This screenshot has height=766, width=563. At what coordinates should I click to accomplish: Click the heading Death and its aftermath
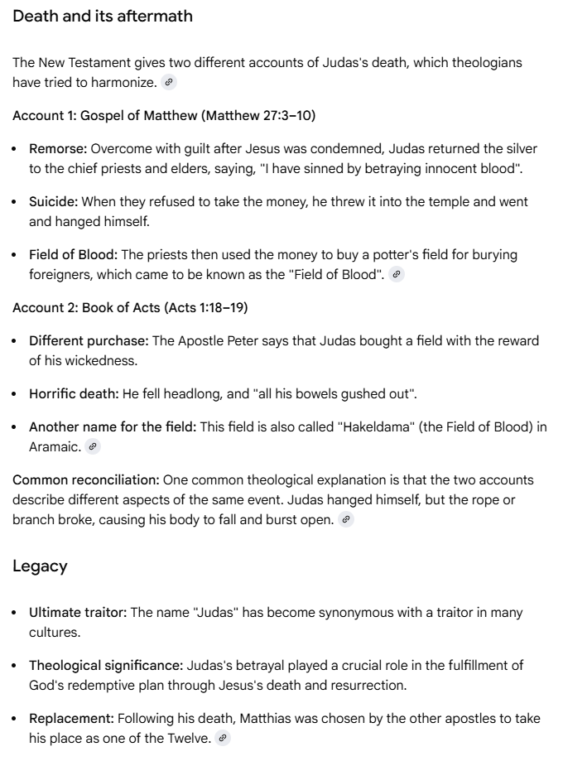pyautogui.click(x=103, y=17)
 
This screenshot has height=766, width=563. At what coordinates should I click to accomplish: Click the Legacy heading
pyautogui.click(x=40, y=566)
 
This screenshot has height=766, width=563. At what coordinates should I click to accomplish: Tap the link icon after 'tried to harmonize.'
pyautogui.click(x=169, y=82)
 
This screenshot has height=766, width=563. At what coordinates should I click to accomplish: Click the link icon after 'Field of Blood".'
pyautogui.click(x=397, y=275)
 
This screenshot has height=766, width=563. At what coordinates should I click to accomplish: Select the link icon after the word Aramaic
pyautogui.click(x=93, y=446)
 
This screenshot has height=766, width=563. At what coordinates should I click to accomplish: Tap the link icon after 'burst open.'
pyautogui.click(x=346, y=519)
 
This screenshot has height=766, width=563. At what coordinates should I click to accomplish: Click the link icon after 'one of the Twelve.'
pyautogui.click(x=222, y=738)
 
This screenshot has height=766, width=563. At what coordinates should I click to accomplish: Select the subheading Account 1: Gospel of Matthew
pyautogui.click(x=164, y=115)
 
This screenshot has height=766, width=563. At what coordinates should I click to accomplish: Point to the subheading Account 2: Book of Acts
pyautogui.click(x=130, y=307)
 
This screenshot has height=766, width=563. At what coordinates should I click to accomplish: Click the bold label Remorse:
pyautogui.click(x=58, y=149)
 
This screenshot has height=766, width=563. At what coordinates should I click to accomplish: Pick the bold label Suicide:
pyautogui.click(x=55, y=202)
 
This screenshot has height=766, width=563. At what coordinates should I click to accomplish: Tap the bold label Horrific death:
pyautogui.click(x=75, y=393)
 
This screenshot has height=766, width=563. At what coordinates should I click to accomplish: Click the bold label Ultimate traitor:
pyautogui.click(x=78, y=613)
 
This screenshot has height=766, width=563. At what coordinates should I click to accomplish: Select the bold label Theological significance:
pyautogui.click(x=106, y=665)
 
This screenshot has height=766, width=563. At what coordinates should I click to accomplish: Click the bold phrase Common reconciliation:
pyautogui.click(x=86, y=479)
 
